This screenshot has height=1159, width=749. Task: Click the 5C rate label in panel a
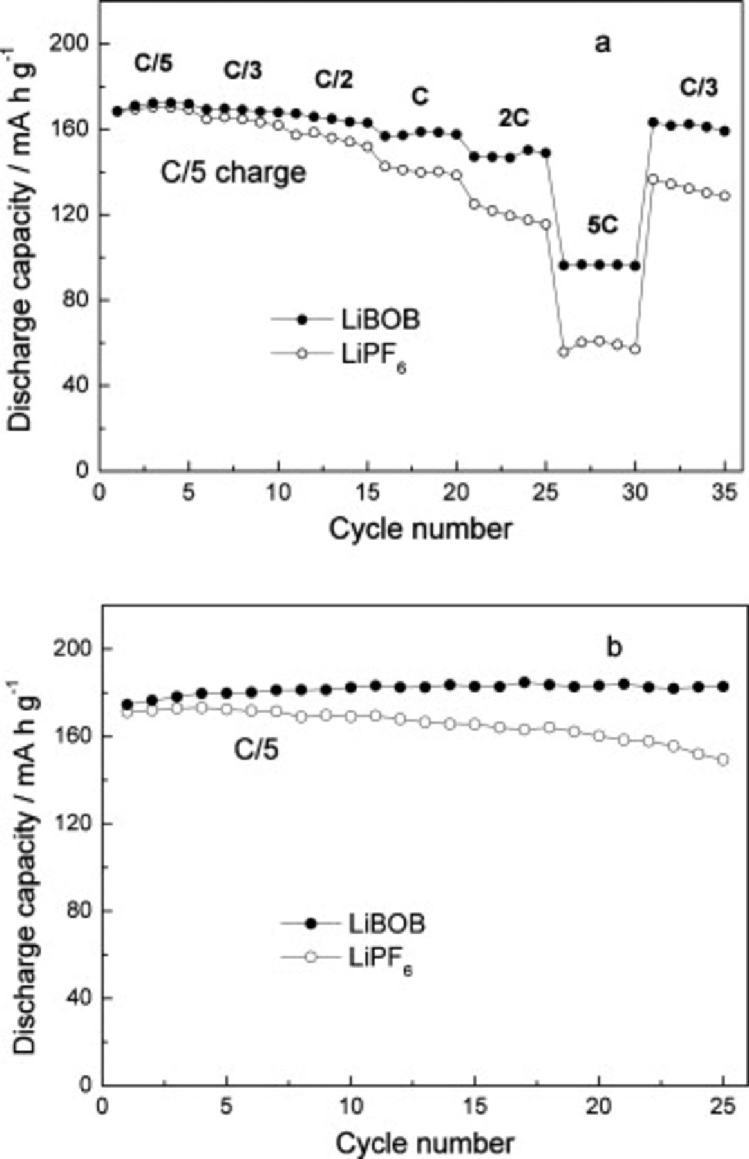[x=602, y=225]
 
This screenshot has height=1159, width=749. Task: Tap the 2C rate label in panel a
[x=513, y=118]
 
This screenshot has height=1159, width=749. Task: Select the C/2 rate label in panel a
[x=334, y=80]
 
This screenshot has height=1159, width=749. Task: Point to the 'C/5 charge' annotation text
[x=232, y=173]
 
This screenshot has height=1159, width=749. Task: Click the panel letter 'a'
[x=602, y=44]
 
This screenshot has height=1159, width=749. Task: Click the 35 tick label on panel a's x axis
[x=725, y=493]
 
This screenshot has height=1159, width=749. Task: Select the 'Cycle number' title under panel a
[x=421, y=529]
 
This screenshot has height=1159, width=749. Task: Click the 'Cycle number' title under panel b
[x=425, y=1144]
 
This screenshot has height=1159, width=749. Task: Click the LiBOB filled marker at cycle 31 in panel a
[x=653, y=122]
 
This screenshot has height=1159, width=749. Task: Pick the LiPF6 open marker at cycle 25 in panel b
[x=723, y=760]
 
